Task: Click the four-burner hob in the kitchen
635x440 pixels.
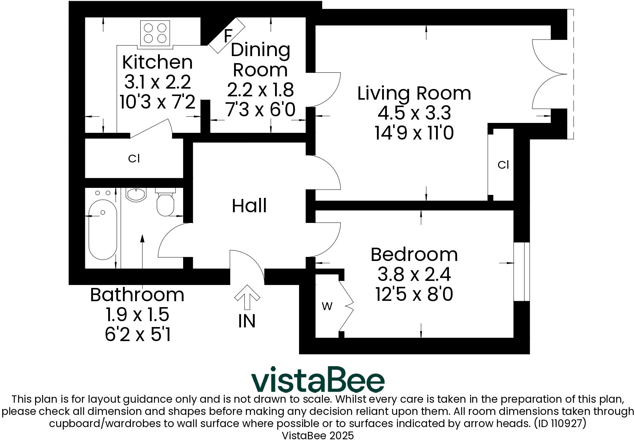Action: pos(155,33)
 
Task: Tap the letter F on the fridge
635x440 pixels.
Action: pos(228,36)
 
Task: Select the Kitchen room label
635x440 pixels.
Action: pos(157,62)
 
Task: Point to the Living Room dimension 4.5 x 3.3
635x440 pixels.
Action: pos(414,113)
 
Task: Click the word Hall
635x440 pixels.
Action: pos(249,206)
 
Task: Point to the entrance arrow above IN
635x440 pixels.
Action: pos(247,296)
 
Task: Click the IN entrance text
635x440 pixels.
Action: pos(247,321)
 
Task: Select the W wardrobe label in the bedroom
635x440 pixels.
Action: pos(327,306)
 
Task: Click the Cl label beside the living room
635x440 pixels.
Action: pos(503,165)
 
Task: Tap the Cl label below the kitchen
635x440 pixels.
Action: pos(134,158)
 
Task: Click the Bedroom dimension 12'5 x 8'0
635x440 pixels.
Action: pos(414,295)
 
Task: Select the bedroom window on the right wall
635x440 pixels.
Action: pos(521,272)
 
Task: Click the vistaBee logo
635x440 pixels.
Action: pos(317,379)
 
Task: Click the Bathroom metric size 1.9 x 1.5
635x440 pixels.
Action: pos(137,314)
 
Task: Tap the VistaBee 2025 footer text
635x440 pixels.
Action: pos(317,435)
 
